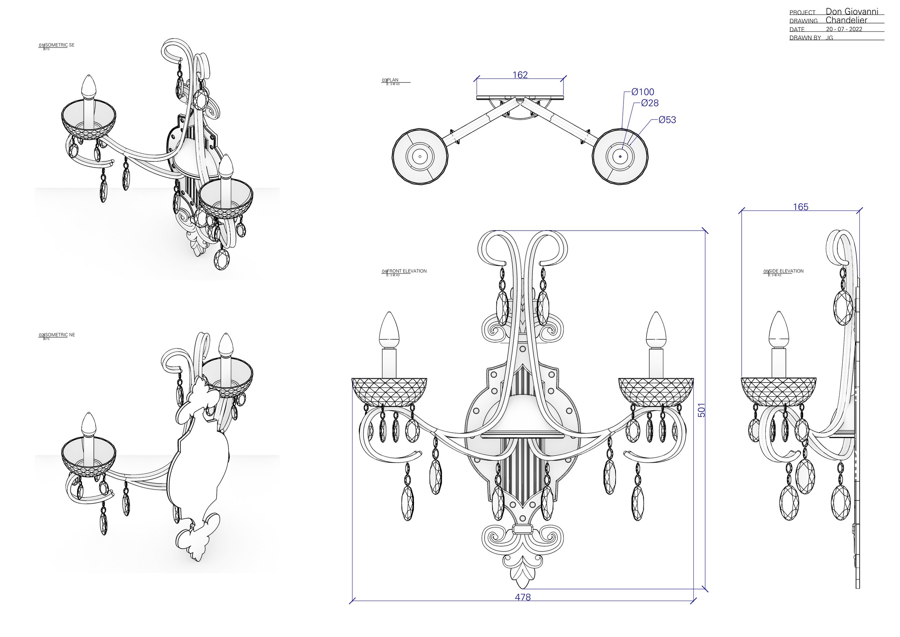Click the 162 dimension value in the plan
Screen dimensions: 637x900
tap(520, 75)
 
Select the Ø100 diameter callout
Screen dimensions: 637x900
tap(643, 92)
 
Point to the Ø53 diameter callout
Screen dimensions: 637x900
tap(667, 120)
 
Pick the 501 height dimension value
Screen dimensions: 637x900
tap(702, 410)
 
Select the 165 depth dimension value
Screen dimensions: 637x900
tap(800, 207)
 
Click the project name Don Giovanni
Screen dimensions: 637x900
tap(851, 12)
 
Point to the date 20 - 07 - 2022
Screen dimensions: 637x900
tap(844, 29)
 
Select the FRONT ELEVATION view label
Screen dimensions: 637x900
tap(406, 271)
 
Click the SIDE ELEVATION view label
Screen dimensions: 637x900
tap(786, 271)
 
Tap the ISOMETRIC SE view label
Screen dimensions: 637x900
tap(60, 45)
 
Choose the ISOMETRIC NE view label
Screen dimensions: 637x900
tap(60, 335)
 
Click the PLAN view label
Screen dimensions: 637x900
tap(392, 80)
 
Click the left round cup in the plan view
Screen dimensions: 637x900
tap(420, 156)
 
